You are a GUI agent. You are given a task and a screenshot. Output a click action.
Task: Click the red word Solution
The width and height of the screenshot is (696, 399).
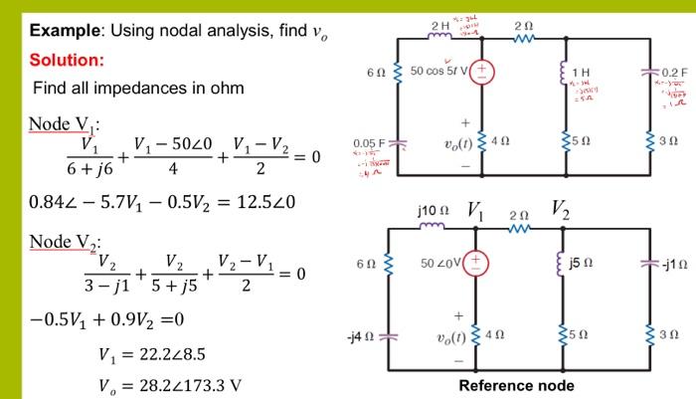pyautogui.click(x=65, y=61)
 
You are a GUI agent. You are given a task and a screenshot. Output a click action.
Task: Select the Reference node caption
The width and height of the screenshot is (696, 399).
pyautogui.click(x=516, y=385)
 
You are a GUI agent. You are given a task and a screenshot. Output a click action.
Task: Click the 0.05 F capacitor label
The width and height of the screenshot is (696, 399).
pyautogui.click(x=368, y=144)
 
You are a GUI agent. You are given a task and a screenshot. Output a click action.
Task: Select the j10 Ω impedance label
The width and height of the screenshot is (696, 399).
pyautogui.click(x=431, y=211)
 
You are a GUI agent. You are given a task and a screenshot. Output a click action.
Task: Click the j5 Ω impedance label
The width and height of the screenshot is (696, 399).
pyautogui.click(x=589, y=264)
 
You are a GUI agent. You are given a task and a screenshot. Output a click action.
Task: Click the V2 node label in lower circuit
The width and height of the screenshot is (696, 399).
pyautogui.click(x=558, y=211)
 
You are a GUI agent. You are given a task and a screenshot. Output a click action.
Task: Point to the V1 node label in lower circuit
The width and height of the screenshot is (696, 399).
pyautogui.click(x=475, y=211)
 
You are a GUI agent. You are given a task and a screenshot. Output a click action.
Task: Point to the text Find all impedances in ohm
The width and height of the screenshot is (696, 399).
pyautogui.click(x=138, y=89)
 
